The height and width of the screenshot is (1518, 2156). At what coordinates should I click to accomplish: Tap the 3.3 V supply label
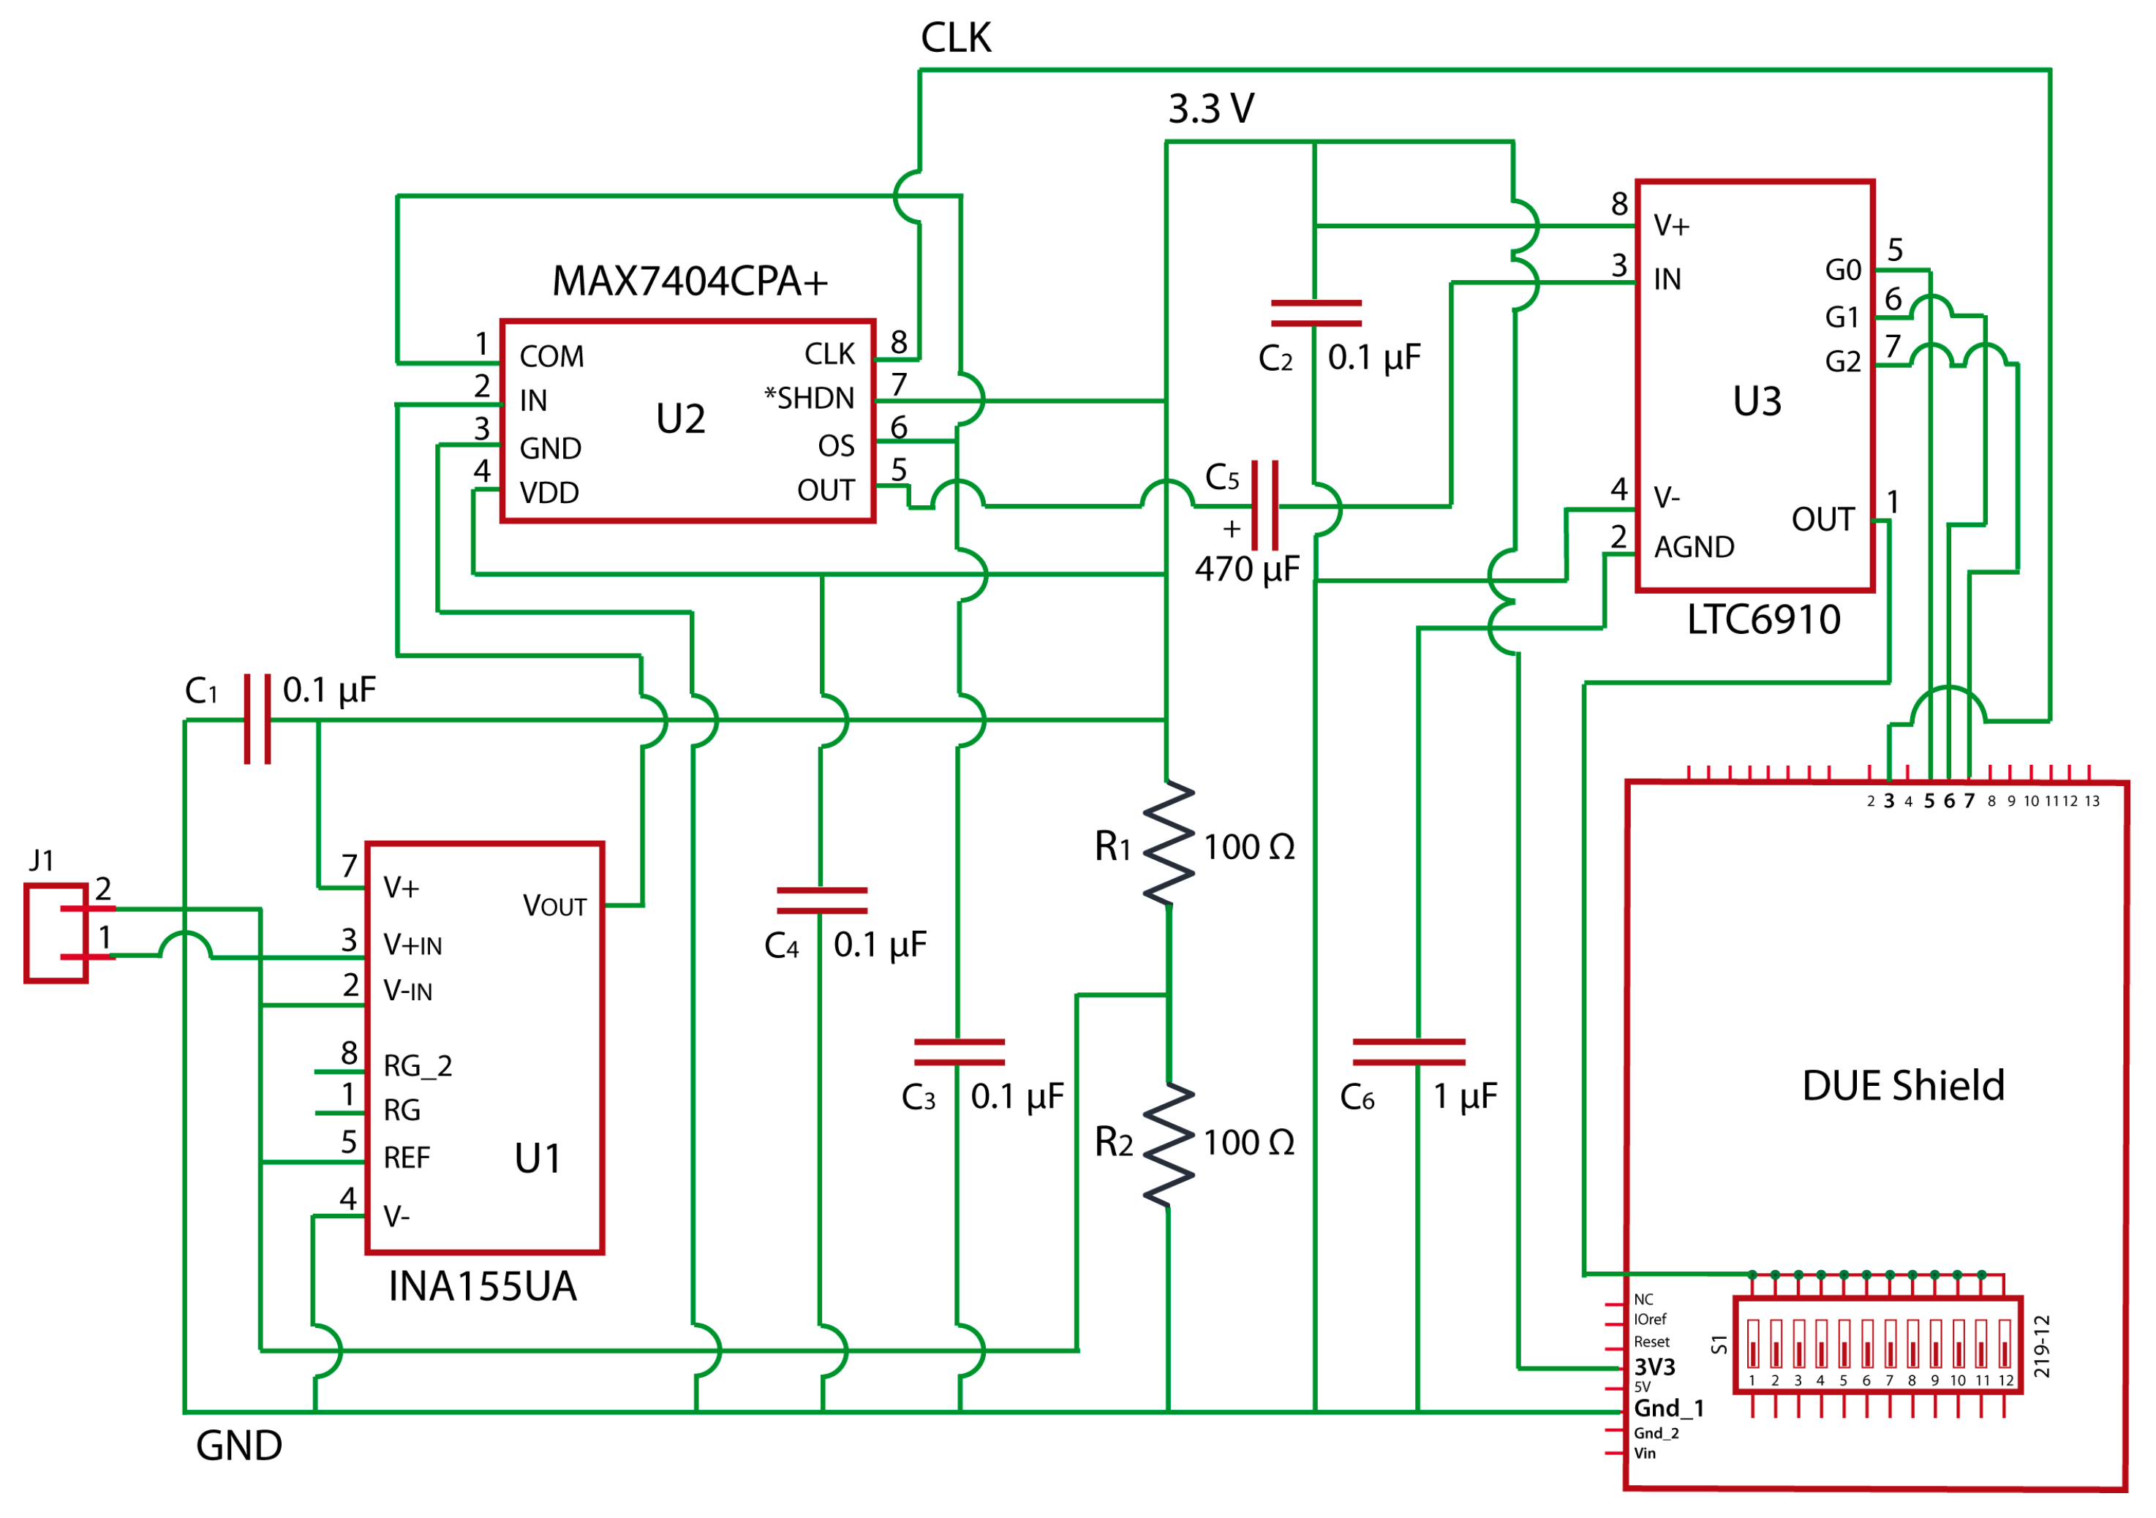1210,109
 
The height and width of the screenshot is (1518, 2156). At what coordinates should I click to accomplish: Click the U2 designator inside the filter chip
680,419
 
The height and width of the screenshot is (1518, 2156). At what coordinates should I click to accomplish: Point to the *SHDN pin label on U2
809,398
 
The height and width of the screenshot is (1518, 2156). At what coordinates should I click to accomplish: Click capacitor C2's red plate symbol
1315,313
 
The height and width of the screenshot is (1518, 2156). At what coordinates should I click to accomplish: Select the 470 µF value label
1246,569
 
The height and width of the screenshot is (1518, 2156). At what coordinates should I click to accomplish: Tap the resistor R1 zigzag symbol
1168,843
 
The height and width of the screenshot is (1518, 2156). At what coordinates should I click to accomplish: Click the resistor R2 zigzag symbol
1168,1144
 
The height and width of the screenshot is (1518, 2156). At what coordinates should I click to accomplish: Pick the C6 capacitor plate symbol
1408,1051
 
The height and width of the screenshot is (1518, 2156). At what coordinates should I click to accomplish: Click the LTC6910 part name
1763,619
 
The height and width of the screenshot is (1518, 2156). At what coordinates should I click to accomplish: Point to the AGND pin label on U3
1693,547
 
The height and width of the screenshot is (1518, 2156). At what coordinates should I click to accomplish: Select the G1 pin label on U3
1842,317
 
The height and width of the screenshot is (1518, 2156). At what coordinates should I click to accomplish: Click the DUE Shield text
1902,1085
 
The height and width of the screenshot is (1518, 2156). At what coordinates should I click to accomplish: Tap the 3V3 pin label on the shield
1654,1366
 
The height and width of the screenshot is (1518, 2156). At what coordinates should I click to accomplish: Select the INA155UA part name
482,1286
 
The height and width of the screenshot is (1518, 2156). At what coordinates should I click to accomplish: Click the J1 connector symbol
56,932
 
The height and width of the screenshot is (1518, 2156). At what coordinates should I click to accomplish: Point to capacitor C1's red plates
257,719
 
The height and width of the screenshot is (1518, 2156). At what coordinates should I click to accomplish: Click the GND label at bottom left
238,1446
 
